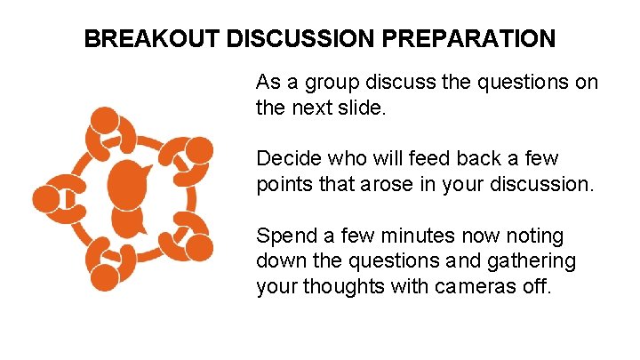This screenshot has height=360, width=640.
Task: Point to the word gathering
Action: point(532,261)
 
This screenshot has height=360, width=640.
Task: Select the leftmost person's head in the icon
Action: point(44,198)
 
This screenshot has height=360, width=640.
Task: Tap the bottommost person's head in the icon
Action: point(105,277)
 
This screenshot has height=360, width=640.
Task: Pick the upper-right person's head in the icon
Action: point(200,149)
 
